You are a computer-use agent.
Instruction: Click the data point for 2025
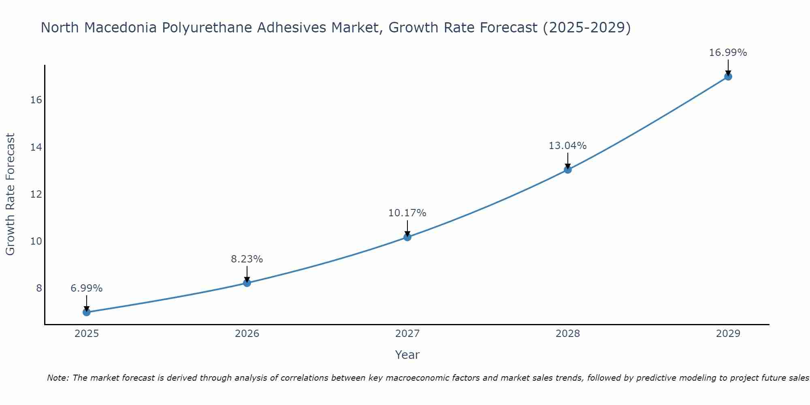pos(86,312)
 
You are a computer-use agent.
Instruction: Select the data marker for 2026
pos(247,283)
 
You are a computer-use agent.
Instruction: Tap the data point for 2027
pos(407,237)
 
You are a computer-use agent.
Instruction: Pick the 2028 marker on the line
pos(567,169)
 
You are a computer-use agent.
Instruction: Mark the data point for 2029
pos(728,76)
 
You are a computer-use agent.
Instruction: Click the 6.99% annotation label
pos(86,288)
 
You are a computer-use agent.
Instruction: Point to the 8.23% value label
pos(247,259)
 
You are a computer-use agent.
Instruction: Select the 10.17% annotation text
pos(407,213)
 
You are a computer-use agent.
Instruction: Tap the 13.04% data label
pos(567,146)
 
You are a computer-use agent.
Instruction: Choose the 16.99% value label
pos(728,53)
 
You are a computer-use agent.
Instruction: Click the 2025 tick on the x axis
pos(87,334)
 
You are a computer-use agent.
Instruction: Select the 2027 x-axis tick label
pos(407,334)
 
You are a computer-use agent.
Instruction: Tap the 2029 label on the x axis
pos(728,334)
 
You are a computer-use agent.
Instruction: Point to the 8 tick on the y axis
pos(39,288)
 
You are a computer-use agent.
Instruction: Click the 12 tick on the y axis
pos(36,194)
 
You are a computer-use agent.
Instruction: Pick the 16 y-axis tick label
pos(36,100)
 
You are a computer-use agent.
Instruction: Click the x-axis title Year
pos(407,355)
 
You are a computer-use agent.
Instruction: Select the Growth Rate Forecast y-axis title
pos(10,194)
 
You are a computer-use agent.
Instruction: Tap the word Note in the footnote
pos(58,378)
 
